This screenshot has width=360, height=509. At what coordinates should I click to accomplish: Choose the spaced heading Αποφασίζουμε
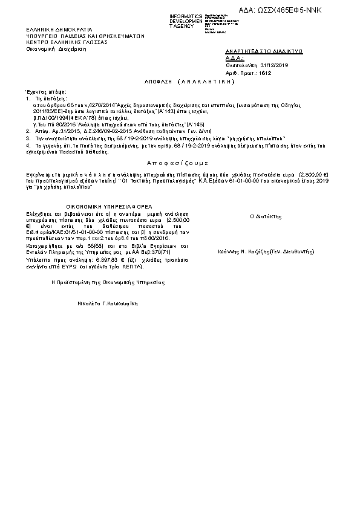177,163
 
